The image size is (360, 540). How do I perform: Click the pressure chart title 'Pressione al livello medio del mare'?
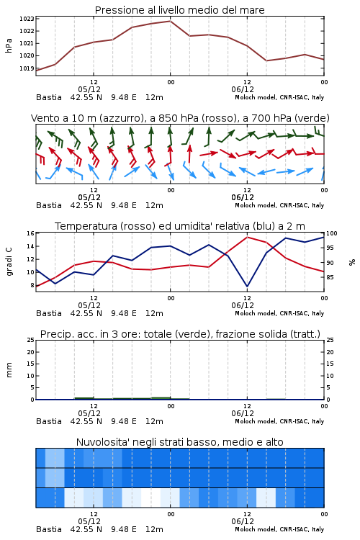coord(179,10)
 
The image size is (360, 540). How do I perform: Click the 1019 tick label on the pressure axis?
coord(27,68)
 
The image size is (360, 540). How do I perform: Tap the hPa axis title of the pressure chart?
coord(9,45)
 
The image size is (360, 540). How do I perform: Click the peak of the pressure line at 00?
coord(170,21)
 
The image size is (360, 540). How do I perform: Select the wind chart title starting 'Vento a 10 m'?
coord(180,118)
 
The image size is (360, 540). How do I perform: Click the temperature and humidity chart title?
coord(179,226)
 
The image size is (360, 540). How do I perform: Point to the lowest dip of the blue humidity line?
coord(247,286)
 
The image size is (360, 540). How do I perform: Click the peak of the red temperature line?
coord(247,237)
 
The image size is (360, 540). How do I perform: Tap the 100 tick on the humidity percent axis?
coord(332,233)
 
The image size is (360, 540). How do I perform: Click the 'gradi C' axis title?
coord(9,262)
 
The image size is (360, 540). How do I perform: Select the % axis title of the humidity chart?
coord(352,262)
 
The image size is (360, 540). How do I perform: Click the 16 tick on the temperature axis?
coord(31,233)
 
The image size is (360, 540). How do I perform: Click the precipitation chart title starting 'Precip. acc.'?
coord(180,334)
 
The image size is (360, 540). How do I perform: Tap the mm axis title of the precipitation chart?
coord(9,370)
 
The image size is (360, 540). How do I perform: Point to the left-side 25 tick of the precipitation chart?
coord(31,340)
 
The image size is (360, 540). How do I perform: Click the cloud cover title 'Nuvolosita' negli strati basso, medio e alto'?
coord(179,442)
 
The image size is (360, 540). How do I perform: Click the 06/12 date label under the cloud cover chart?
coord(243,521)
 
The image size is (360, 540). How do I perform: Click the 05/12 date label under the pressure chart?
coord(89,89)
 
